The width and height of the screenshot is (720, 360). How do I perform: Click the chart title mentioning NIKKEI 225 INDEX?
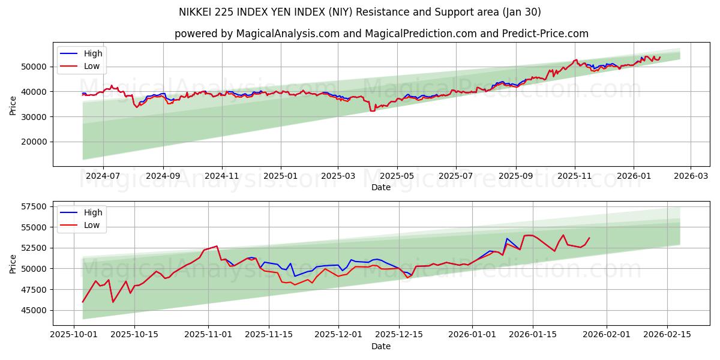coord(360,12)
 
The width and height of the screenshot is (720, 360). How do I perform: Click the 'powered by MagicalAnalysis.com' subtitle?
coord(381,34)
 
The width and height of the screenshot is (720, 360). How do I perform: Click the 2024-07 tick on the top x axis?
coord(103,176)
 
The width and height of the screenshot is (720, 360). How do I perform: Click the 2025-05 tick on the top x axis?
coord(397,176)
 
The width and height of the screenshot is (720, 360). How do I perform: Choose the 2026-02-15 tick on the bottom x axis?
coord(667,335)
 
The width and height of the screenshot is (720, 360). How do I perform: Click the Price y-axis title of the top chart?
coord(13,105)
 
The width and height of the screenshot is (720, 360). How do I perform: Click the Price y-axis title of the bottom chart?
coord(13,263)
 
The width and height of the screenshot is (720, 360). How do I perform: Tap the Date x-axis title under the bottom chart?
coord(381,346)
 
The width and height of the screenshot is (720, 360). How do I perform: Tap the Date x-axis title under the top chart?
coord(381,187)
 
